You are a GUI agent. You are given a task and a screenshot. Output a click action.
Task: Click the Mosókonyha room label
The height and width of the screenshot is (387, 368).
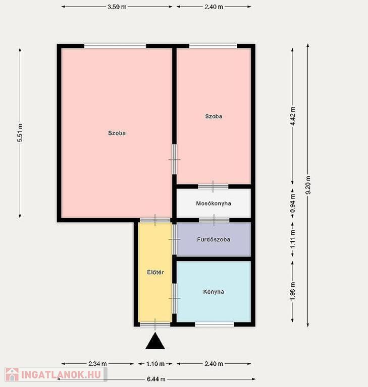(x=214, y=204)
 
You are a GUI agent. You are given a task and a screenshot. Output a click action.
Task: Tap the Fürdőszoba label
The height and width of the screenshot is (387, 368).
(x=214, y=239)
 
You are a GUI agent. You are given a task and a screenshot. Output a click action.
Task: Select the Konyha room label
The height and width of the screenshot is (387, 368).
(x=214, y=292)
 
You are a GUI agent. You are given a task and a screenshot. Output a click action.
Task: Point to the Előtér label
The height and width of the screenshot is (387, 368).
(x=155, y=272)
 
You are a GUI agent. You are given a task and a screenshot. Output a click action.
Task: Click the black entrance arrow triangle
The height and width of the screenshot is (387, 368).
(x=155, y=341)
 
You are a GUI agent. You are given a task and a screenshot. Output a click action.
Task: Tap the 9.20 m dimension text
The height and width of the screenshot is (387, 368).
(x=308, y=185)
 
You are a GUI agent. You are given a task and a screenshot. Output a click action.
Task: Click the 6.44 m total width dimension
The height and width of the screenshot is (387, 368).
(x=156, y=379)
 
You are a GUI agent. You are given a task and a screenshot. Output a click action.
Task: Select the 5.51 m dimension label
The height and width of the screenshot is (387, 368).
(x=20, y=133)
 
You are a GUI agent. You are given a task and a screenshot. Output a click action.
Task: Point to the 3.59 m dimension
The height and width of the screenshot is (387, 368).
(x=117, y=7)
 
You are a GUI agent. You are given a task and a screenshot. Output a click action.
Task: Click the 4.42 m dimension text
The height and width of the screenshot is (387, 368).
(x=293, y=116)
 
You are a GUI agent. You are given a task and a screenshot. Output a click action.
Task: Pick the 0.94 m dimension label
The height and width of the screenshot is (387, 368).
(x=293, y=203)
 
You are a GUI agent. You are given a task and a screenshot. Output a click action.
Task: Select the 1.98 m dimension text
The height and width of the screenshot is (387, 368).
(x=293, y=291)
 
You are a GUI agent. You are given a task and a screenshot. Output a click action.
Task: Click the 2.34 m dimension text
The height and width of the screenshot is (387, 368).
(x=98, y=363)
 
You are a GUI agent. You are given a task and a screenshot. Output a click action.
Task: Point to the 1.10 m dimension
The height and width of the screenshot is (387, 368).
(x=155, y=363)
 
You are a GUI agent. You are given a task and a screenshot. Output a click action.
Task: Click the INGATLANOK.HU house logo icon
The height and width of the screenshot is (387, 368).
(x=12, y=374)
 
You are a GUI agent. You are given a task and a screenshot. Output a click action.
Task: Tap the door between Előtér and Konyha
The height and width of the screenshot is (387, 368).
(x=174, y=298)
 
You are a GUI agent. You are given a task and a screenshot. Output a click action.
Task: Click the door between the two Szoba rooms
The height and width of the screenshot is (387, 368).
(x=174, y=159)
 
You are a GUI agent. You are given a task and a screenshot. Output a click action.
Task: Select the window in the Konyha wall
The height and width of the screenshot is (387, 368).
(x=215, y=324)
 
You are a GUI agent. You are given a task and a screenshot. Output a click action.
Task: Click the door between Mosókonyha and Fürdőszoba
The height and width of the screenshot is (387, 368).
(x=214, y=220)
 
